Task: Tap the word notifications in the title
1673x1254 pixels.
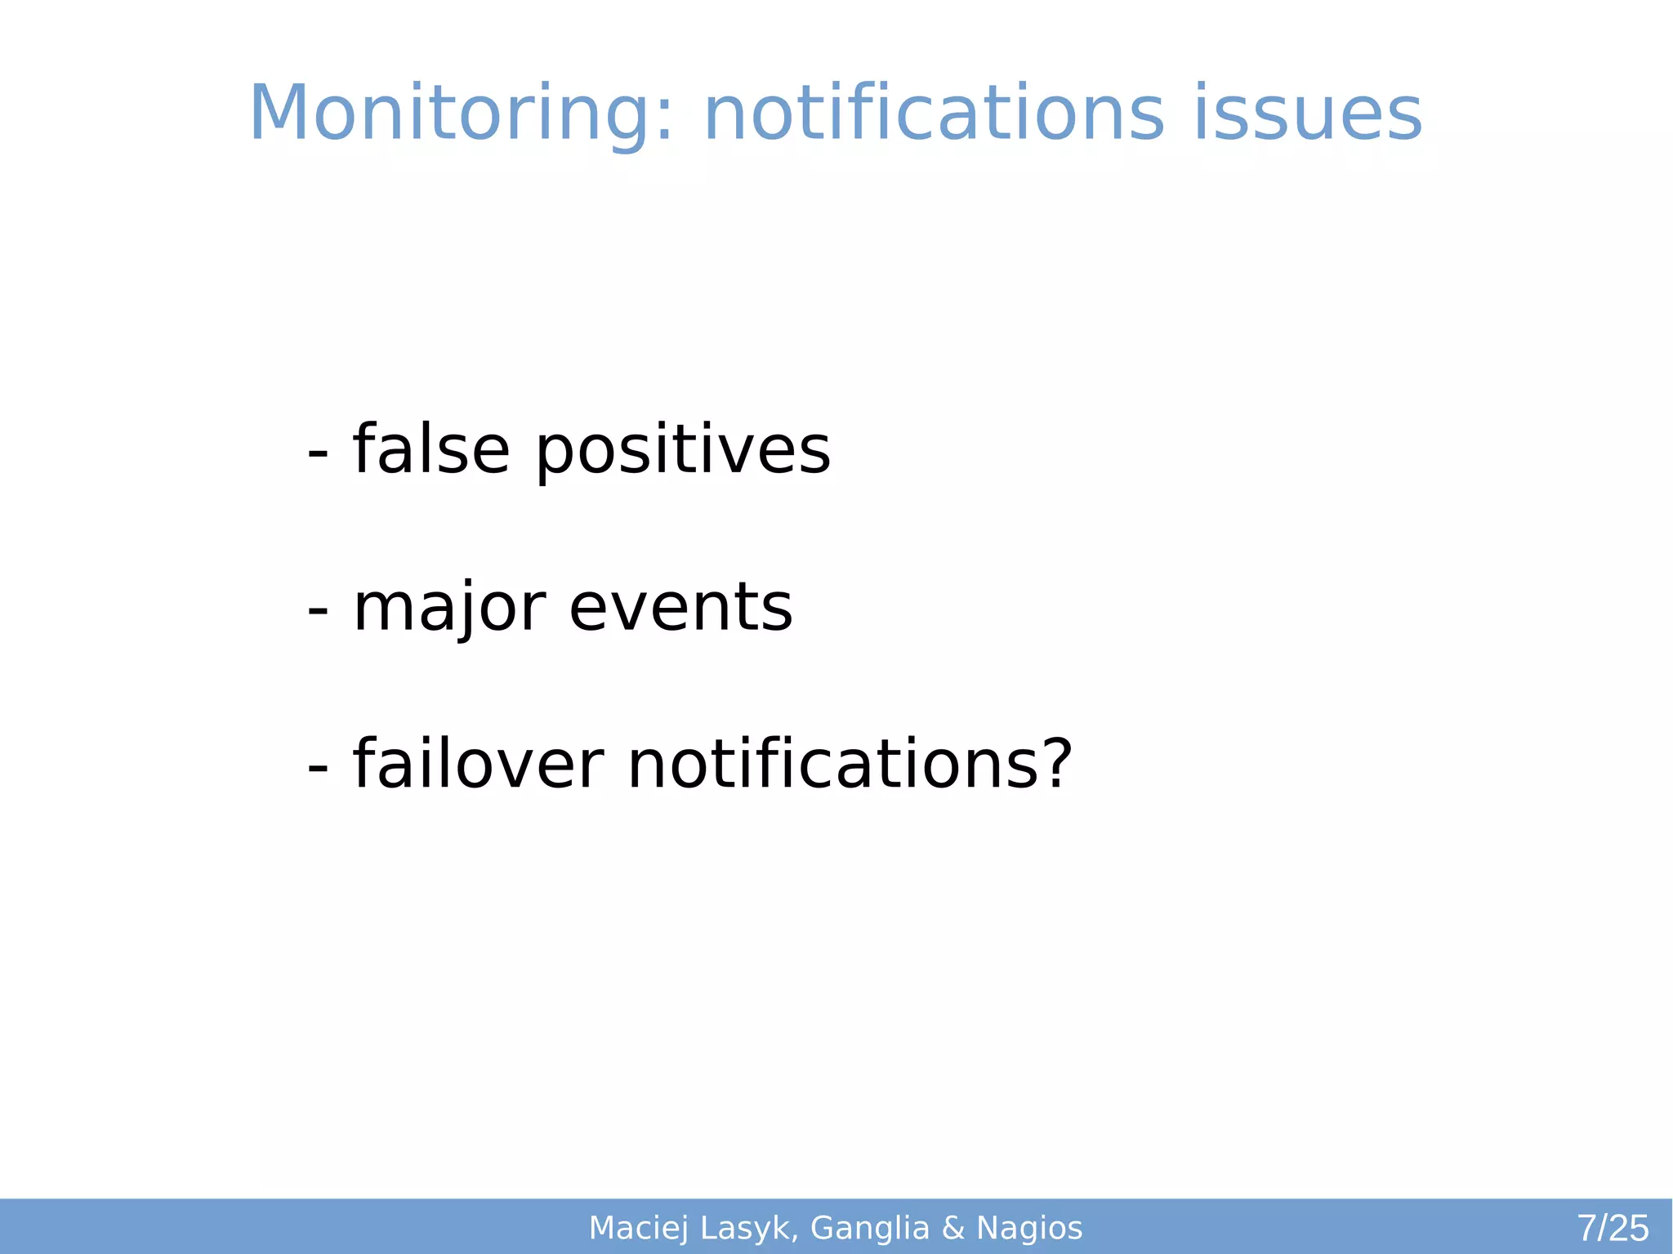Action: [x=933, y=114]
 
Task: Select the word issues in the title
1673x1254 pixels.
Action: [x=1307, y=114]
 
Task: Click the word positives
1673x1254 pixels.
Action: [x=683, y=451]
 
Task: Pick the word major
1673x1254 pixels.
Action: [x=449, y=609]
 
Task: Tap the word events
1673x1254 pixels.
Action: [x=680, y=609]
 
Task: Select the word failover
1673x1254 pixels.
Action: [x=478, y=764]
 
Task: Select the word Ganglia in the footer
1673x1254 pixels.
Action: [x=870, y=1229]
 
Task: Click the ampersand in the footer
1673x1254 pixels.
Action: [x=953, y=1228]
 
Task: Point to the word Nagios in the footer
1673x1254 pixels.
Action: [x=1029, y=1229]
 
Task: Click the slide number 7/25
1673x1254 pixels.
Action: [x=1613, y=1228]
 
